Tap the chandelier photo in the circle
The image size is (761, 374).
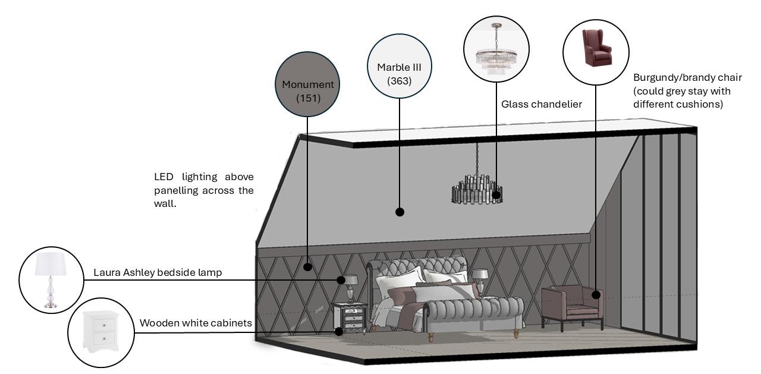point(496,49)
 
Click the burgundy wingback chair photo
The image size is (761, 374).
point(595,51)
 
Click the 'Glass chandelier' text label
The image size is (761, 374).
point(541,104)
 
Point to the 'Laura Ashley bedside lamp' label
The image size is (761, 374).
point(158,272)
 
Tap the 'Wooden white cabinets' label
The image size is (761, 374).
point(196,323)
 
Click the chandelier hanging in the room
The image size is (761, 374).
point(477,189)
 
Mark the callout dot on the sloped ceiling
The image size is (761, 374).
point(400,212)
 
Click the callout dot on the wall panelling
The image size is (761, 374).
point(307,267)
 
